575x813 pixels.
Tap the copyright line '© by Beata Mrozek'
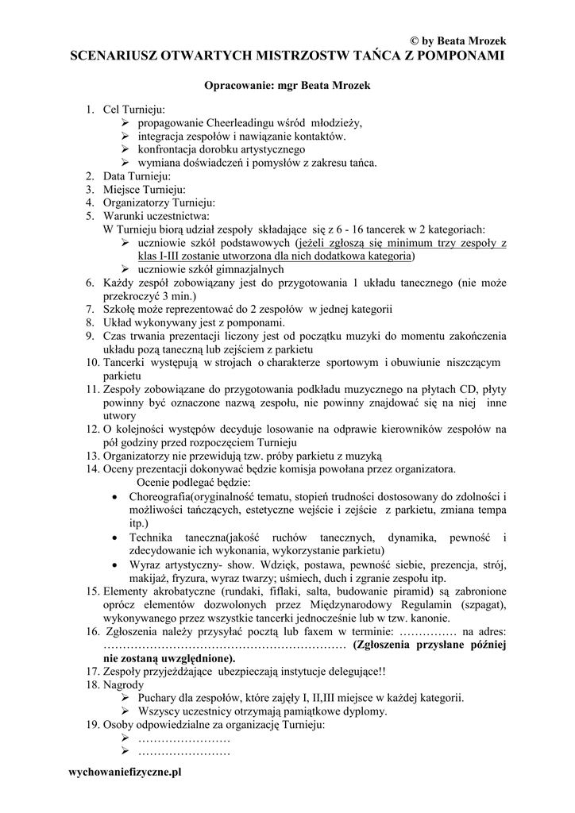click(x=457, y=40)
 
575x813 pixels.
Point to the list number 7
click(x=90, y=310)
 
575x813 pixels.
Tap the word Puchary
click(x=157, y=697)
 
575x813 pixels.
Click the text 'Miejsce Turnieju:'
click(x=144, y=189)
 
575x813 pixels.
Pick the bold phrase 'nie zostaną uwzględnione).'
click(x=168, y=658)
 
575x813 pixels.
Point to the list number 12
click(x=92, y=430)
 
